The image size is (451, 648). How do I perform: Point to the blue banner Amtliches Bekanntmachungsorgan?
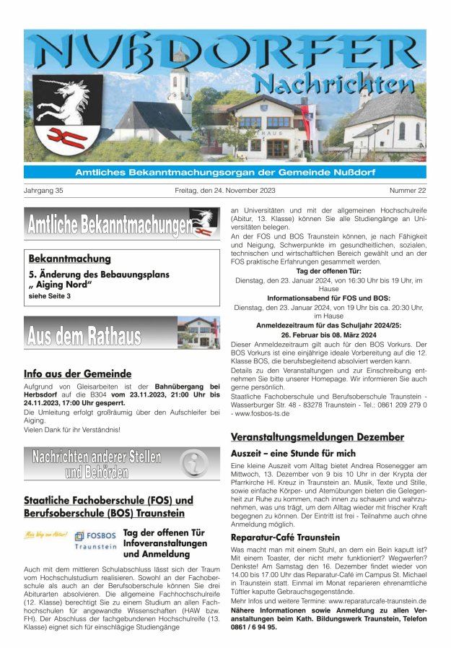point(225,172)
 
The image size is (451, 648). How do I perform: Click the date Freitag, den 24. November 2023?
point(224,191)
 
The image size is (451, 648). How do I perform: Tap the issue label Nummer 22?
point(407,191)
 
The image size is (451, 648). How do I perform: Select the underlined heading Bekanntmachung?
point(69,259)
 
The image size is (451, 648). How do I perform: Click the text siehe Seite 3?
point(49,296)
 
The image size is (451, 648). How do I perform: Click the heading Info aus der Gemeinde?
point(77,373)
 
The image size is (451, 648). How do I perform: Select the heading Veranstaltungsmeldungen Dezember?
point(317,437)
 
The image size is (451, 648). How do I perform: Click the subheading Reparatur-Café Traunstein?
point(285,537)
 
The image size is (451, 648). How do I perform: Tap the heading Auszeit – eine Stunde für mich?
point(293,453)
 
